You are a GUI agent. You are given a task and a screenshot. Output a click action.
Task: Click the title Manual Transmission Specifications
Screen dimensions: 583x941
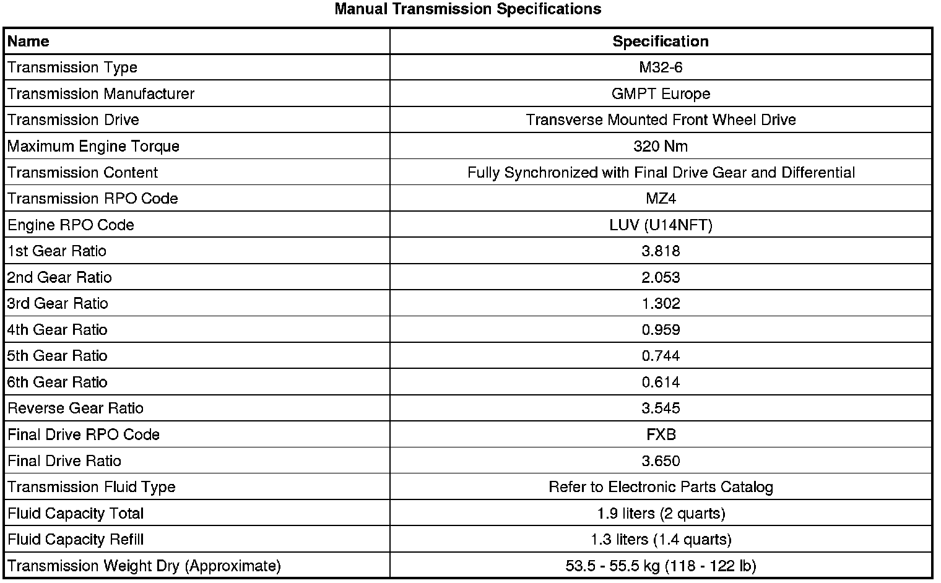point(467,9)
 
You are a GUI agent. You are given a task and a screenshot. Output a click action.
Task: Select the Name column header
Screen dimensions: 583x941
point(28,41)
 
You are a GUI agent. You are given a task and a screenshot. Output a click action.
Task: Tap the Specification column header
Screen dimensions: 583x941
point(661,41)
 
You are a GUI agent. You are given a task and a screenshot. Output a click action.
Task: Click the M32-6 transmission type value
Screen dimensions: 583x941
point(661,67)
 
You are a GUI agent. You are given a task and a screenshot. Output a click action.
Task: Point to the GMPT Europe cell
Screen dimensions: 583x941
point(661,94)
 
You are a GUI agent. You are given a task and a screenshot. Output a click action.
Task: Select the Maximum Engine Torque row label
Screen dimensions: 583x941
point(93,147)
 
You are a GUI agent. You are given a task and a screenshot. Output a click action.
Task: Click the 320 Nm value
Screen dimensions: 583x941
point(661,147)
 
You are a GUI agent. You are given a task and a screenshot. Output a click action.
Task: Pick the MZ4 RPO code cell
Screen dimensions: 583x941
point(661,199)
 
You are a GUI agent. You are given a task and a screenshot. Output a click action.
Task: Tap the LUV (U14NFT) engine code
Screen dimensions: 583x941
point(661,225)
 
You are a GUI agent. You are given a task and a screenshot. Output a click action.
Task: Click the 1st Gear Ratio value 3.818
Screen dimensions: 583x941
point(661,251)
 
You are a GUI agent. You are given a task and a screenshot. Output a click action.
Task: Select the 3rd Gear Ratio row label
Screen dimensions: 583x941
point(58,304)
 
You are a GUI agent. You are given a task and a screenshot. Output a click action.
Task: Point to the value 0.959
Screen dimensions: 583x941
point(661,330)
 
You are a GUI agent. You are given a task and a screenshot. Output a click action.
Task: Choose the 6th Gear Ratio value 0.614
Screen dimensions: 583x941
point(661,382)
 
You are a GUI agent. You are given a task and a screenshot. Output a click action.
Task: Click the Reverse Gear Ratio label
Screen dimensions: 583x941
point(76,408)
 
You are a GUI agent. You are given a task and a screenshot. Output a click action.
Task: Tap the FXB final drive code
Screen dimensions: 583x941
point(661,434)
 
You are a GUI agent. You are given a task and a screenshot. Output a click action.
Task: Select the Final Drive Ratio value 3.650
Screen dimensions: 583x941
point(661,461)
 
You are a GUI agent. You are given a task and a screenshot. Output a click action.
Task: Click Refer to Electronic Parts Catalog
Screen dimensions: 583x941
point(661,487)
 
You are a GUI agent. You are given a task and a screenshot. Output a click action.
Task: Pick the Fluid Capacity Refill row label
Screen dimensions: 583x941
point(76,540)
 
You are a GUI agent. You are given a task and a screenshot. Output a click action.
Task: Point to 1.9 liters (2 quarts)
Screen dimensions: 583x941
point(661,514)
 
